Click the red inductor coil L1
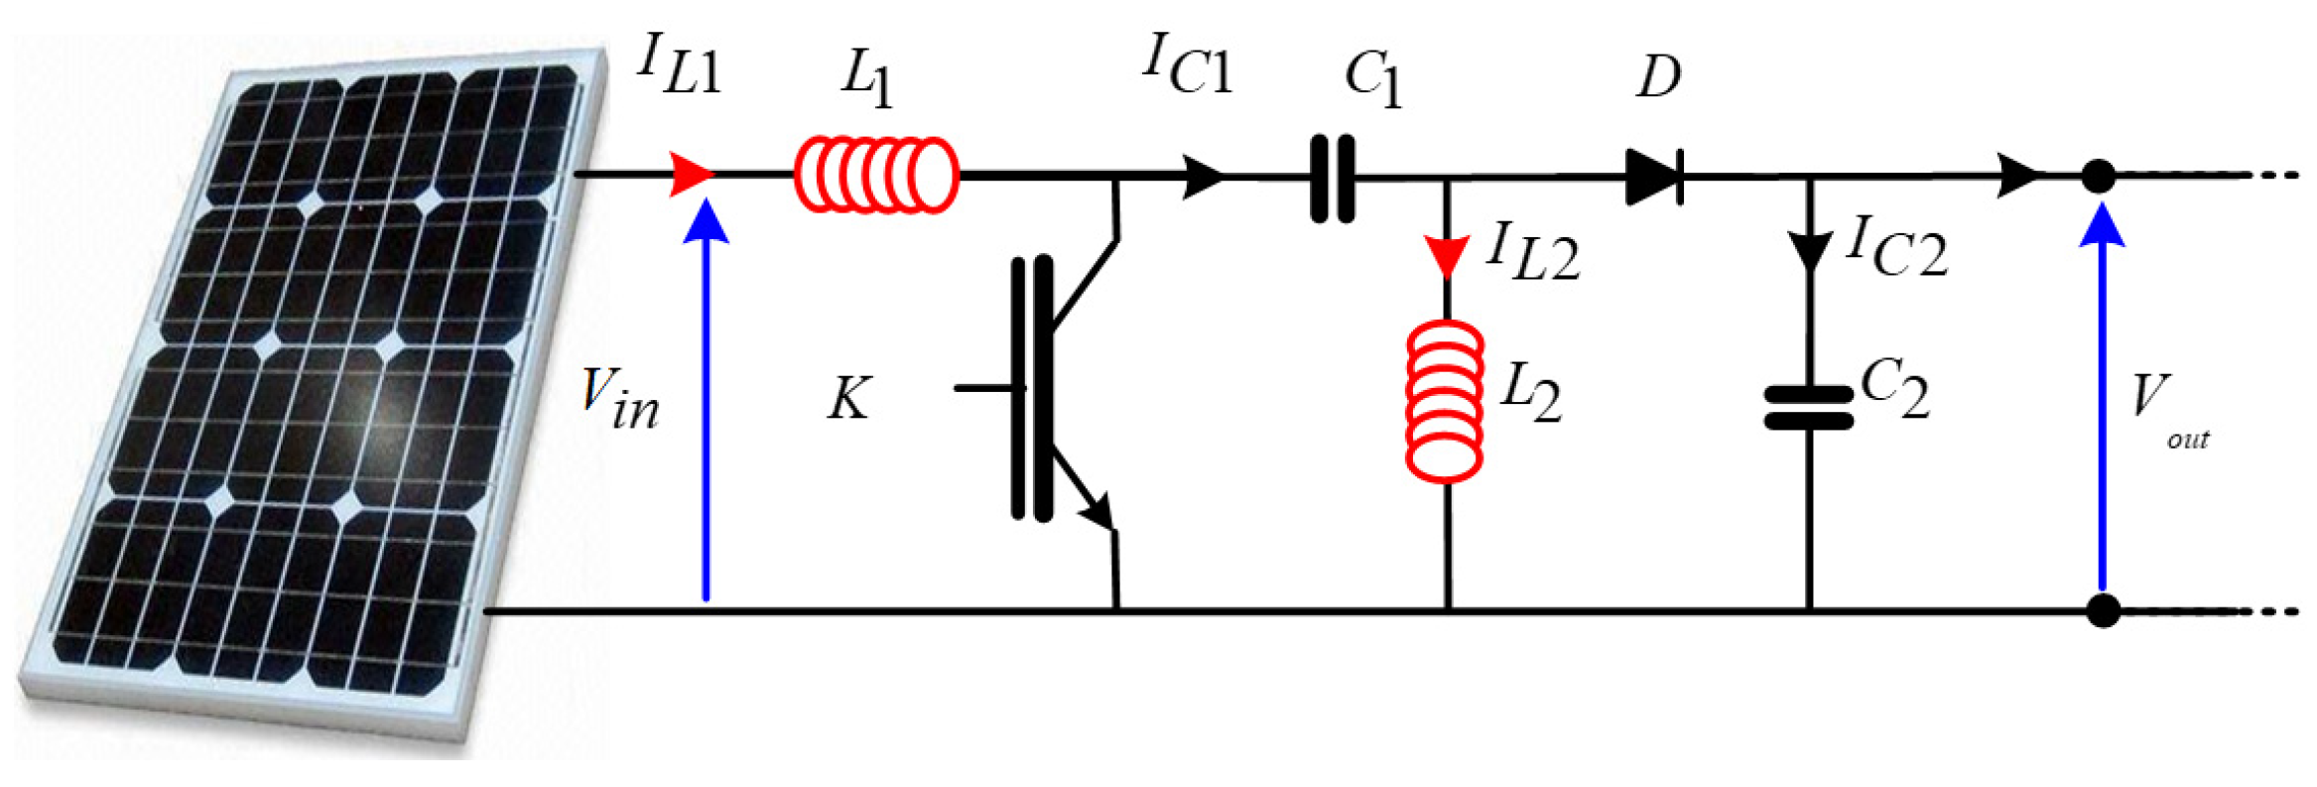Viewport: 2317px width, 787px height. (875, 176)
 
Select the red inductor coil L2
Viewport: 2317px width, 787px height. (1446, 402)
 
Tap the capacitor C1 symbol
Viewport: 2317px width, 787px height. (1332, 179)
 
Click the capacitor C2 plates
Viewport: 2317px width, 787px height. (1808, 408)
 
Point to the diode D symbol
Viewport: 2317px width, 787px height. (1653, 178)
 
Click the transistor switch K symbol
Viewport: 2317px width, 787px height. (1052, 387)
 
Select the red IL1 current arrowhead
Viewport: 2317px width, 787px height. (691, 175)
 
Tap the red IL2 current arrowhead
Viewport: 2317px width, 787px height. (1446, 256)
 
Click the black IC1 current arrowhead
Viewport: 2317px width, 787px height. (1204, 177)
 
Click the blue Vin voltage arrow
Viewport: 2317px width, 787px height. (707, 397)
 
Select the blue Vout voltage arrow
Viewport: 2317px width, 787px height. (2101, 397)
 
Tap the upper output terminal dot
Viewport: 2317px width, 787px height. (2098, 177)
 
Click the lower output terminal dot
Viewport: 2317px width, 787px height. (2102, 610)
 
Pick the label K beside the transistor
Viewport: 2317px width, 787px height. (849, 399)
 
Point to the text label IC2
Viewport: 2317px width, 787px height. (1895, 248)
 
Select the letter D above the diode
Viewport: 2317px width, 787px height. (1658, 76)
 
